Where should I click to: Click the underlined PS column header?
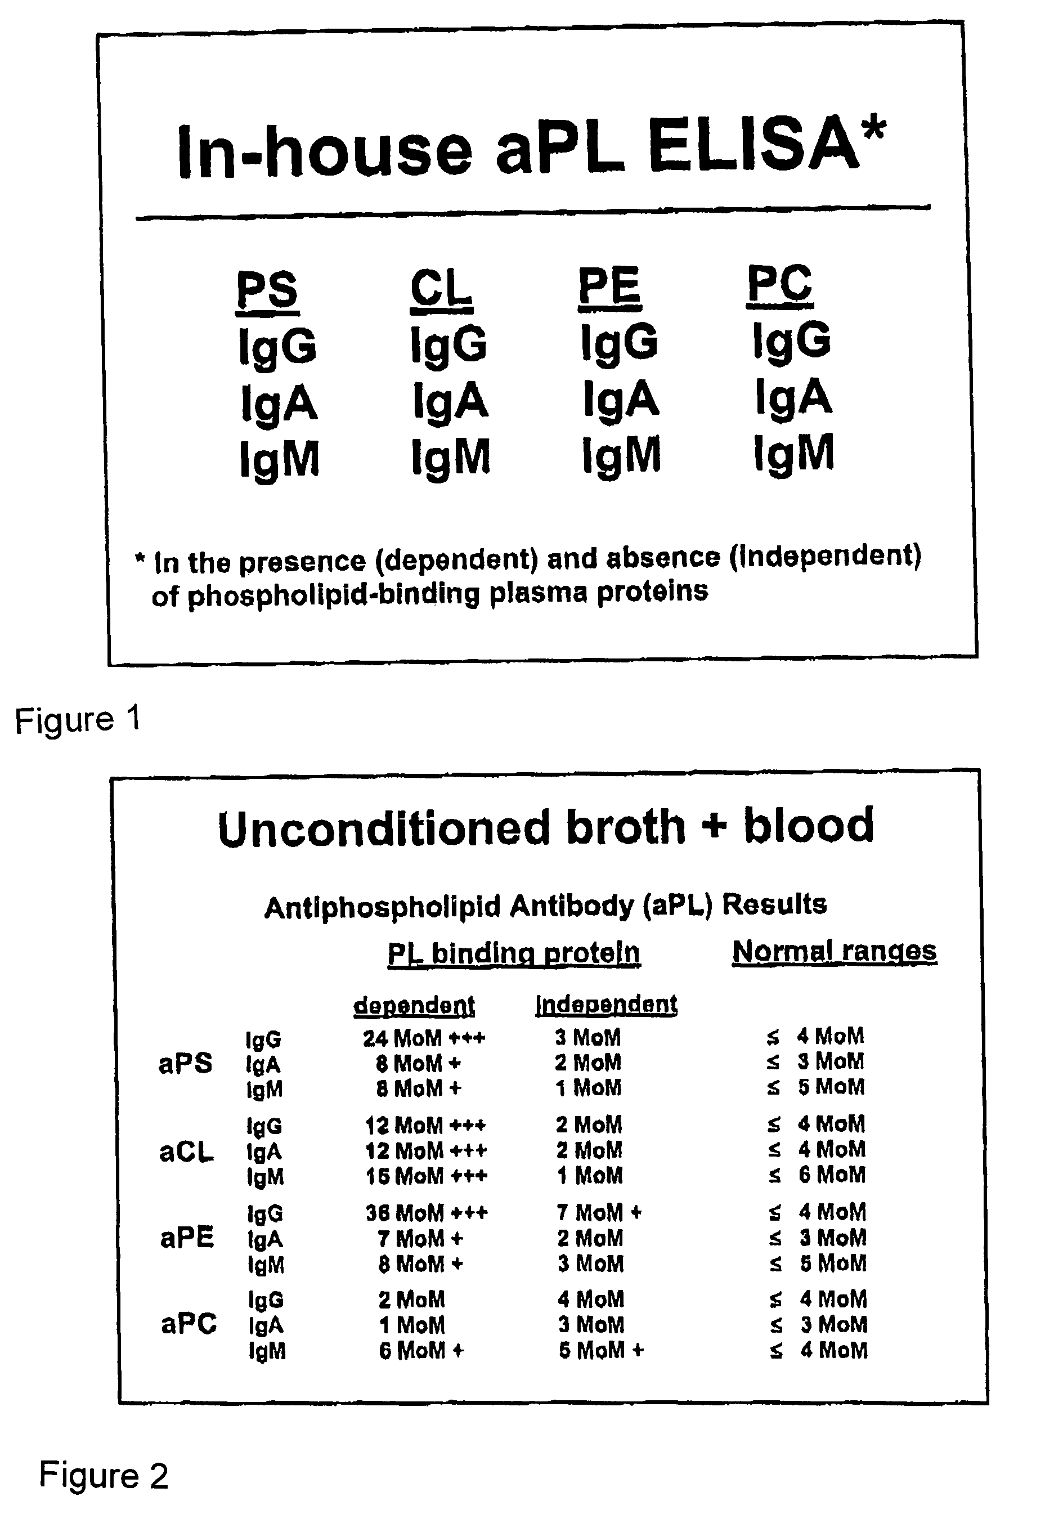(x=268, y=292)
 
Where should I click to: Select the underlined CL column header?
(x=441, y=289)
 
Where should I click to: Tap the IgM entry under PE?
(x=621, y=455)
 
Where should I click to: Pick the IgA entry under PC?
(x=793, y=397)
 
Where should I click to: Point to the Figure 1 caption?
(x=78, y=720)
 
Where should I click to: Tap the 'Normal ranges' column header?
(x=834, y=951)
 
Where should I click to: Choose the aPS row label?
(x=185, y=1063)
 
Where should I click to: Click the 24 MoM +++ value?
(x=424, y=1038)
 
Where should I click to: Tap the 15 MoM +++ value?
(x=426, y=1177)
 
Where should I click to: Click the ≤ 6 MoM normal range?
(x=817, y=1175)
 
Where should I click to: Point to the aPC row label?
(x=189, y=1324)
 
